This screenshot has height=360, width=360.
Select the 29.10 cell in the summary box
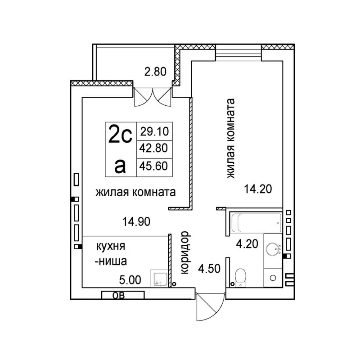click(154, 131)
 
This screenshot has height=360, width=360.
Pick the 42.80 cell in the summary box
click(154, 148)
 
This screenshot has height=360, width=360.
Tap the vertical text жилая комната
click(231, 139)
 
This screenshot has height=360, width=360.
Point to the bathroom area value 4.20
click(247, 244)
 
